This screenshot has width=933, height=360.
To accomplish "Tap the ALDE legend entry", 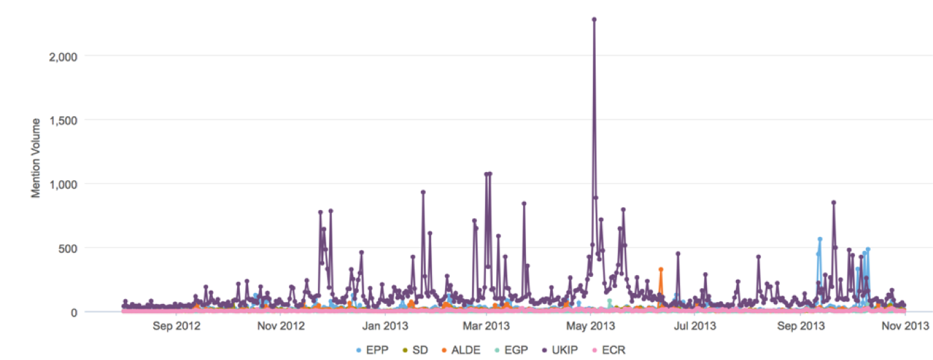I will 462,350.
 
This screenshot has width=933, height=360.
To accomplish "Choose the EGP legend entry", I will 512,350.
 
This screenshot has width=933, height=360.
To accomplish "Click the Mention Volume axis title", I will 35,158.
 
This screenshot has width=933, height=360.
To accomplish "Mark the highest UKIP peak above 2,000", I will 594,19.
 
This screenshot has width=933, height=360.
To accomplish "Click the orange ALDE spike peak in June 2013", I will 661,269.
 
